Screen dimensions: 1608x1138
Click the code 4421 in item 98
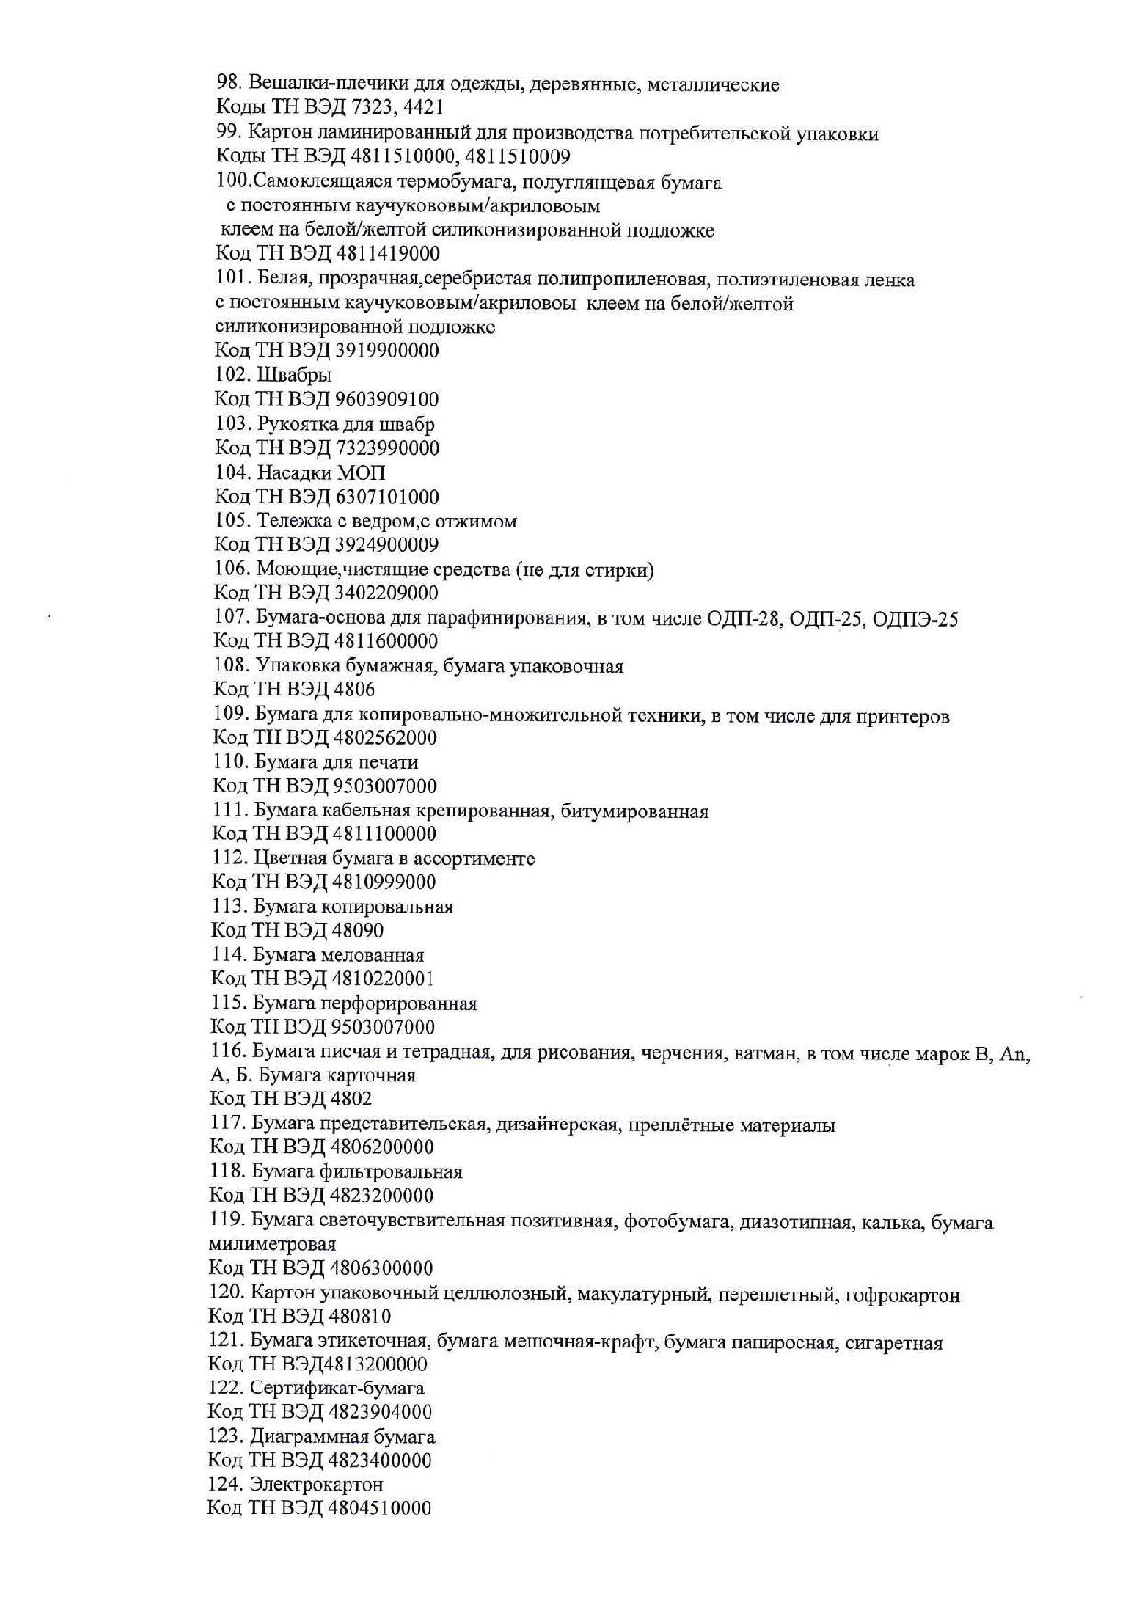coord(425,109)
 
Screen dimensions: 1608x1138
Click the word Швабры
coord(295,374)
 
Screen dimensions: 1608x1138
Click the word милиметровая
coord(273,1245)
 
